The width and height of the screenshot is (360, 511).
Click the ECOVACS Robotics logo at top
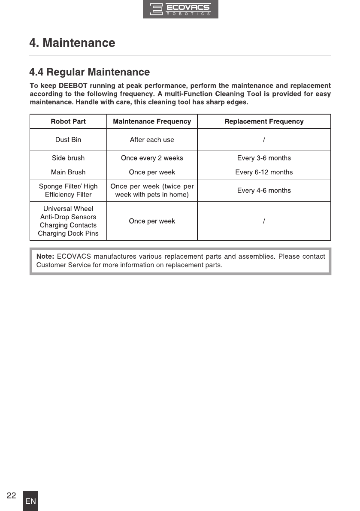pos(180,9)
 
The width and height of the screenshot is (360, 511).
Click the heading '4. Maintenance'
pos(72,43)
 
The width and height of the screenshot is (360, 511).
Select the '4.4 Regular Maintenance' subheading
pos(89,72)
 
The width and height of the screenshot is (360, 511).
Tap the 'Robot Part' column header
pos(68,121)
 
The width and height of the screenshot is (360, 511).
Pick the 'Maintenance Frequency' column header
pos(152,121)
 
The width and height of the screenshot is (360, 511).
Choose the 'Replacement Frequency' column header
pos(264,121)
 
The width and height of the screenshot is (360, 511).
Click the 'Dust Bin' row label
pos(68,139)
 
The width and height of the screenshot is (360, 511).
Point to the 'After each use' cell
pos(152,139)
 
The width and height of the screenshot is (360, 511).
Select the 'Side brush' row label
pos(68,158)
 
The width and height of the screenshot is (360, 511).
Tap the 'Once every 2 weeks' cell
pos(152,158)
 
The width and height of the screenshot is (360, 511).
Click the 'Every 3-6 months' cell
pos(264,158)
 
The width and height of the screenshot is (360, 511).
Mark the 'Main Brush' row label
pos(68,172)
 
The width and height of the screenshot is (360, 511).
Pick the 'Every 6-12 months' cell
pos(264,172)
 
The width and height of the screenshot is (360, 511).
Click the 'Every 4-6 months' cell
pos(264,190)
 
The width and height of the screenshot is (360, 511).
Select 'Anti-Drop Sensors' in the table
pos(68,217)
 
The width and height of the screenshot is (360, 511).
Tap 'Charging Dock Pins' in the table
pos(68,233)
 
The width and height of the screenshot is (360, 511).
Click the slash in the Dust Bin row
pos(264,139)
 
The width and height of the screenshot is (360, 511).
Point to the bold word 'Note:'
pos(45,257)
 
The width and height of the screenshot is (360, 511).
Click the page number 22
pos(11,495)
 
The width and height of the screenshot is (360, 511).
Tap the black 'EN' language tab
pos(30,501)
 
